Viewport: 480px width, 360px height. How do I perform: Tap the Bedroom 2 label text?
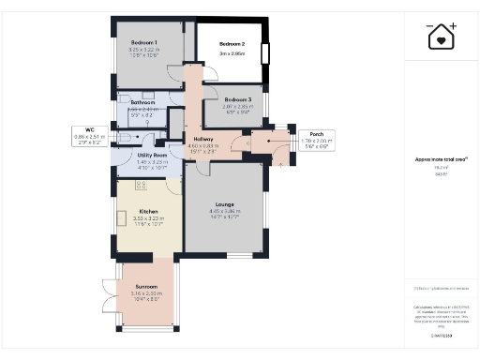coord(232,44)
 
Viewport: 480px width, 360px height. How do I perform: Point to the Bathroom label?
coord(142,101)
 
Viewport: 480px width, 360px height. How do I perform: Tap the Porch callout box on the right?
coord(304,139)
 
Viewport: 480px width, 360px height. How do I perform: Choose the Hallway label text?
coord(203,138)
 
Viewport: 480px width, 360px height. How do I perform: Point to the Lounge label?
coord(223,203)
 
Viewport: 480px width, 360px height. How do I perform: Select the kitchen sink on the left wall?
coord(122,218)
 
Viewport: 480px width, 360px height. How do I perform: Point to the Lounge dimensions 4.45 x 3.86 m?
coord(223,211)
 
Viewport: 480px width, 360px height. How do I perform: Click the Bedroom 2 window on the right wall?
coord(266,52)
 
